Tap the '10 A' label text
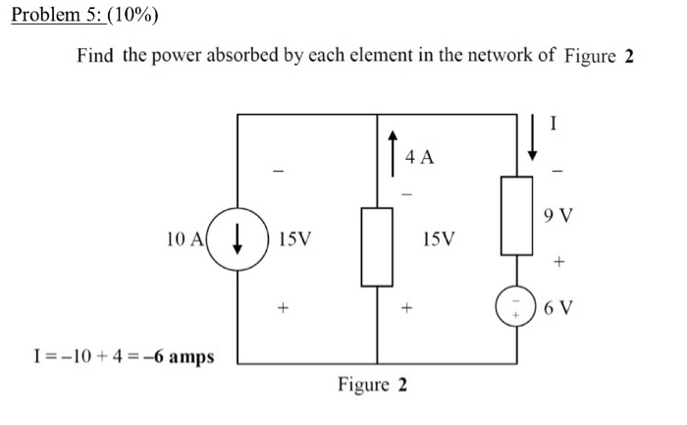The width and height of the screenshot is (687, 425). coord(186,239)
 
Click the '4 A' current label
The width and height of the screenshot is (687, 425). coord(419,155)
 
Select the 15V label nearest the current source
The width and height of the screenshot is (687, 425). coord(296,239)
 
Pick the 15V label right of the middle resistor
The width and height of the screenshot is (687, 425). coord(438,239)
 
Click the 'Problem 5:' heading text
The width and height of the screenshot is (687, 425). coord(52,15)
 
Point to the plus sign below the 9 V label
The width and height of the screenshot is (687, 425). coord(560,262)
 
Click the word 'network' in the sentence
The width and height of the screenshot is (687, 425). coord(496,56)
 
